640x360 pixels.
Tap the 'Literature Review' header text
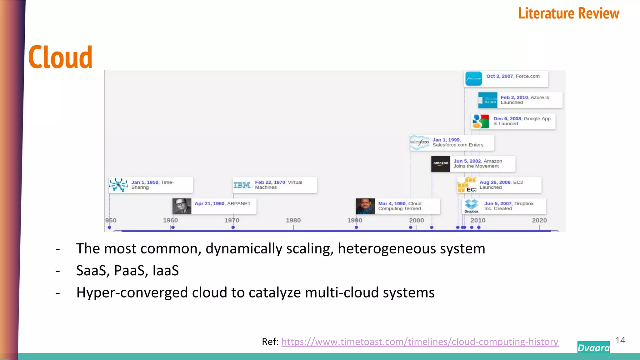click(568, 13)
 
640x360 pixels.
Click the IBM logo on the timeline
click(242, 185)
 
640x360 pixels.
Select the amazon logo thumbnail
click(441, 163)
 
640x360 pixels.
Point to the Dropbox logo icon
click(471, 205)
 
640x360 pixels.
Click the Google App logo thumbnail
click(481, 121)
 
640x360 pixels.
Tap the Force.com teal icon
click(473, 79)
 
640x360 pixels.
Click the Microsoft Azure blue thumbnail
click(488, 100)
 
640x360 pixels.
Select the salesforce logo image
click(420, 142)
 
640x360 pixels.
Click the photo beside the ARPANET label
click(182, 206)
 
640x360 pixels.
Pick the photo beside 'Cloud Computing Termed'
click(365, 206)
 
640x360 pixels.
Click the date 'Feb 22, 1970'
click(270, 182)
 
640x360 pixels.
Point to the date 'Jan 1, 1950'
click(145, 182)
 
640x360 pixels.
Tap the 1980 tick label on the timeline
click(293, 220)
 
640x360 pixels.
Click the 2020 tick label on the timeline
click(539, 220)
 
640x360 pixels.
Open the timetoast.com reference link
click(420, 342)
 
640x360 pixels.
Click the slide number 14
click(620, 340)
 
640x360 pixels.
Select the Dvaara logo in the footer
click(593, 347)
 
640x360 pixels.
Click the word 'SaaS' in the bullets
click(92, 271)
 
